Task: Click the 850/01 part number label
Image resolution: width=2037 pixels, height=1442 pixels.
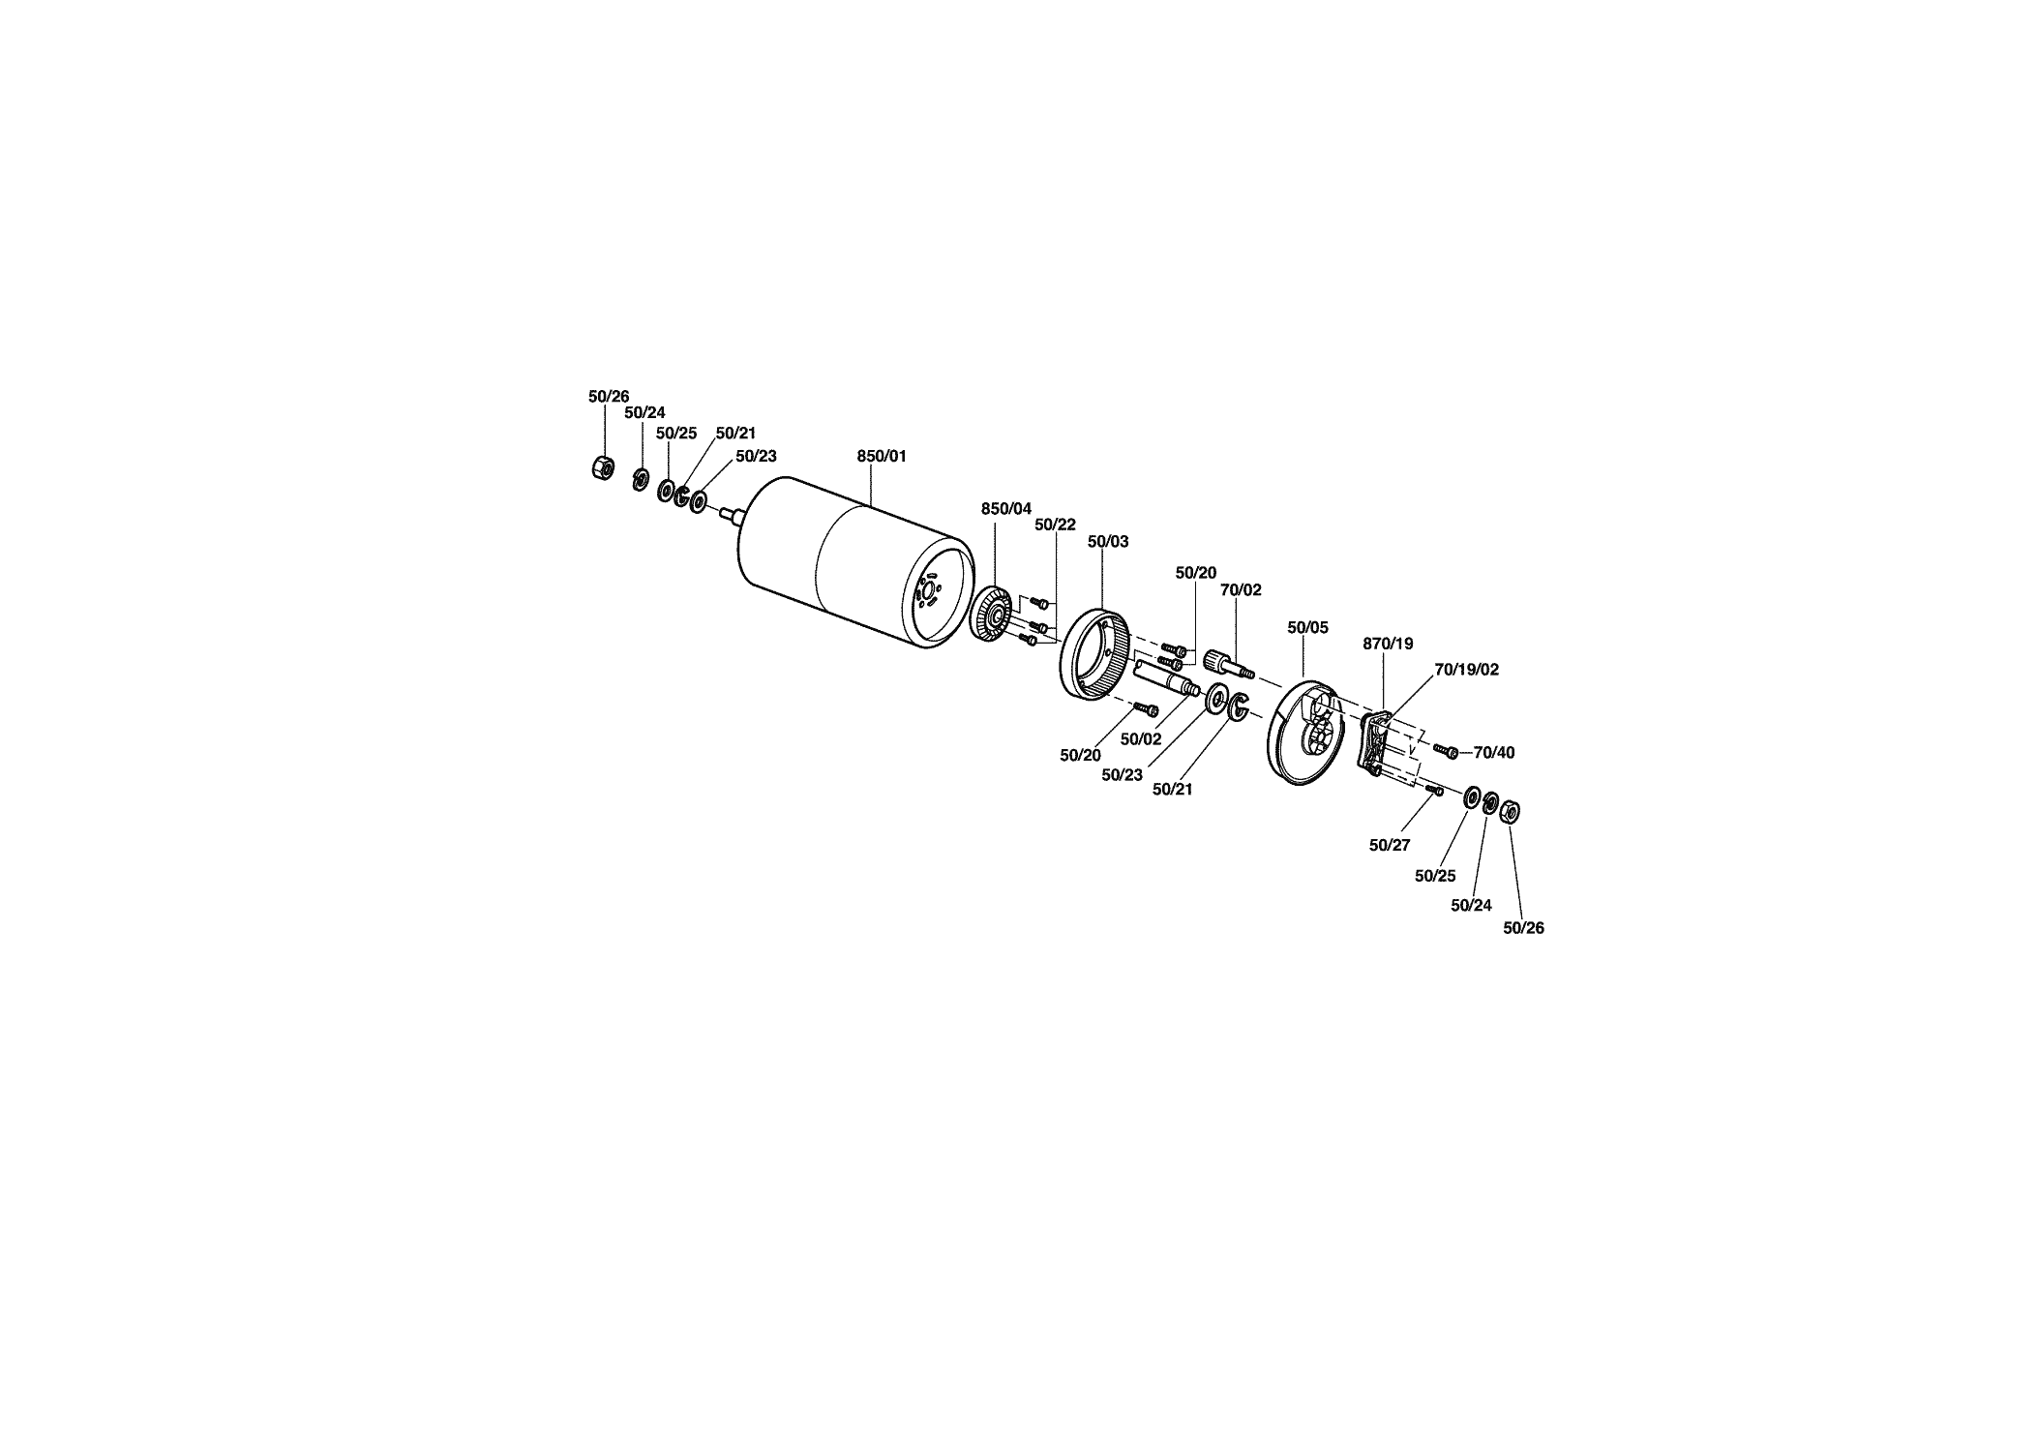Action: (x=882, y=456)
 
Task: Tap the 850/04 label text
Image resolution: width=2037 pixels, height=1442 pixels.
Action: (x=1006, y=509)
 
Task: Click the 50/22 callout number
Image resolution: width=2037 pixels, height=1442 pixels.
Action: (x=1055, y=525)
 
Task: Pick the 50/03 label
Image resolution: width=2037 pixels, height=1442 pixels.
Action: (x=1108, y=542)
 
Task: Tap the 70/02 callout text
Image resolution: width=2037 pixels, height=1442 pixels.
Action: (x=1241, y=590)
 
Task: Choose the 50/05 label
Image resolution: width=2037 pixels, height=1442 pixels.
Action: (x=1308, y=628)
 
